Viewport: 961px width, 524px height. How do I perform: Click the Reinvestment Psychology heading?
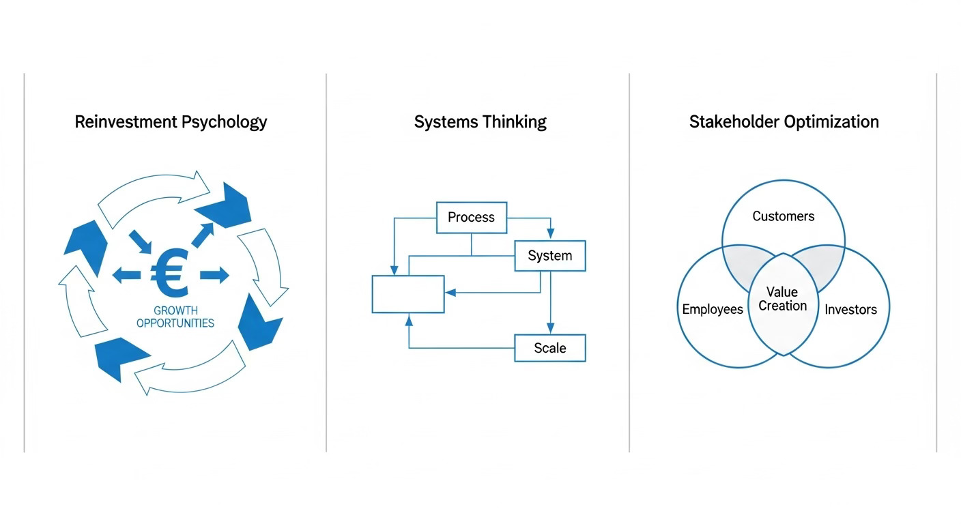tap(171, 122)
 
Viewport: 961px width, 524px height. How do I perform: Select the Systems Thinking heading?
tap(480, 122)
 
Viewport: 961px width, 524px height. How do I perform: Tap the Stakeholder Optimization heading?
tap(784, 122)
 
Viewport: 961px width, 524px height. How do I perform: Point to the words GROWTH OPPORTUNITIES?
tap(175, 317)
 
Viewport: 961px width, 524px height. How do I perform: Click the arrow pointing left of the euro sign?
tap(126, 275)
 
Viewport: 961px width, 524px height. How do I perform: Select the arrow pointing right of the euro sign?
tap(215, 275)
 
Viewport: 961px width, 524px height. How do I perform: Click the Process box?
tap(471, 218)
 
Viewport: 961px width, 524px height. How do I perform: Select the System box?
tap(549, 256)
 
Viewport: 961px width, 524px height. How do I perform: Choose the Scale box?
tap(549, 348)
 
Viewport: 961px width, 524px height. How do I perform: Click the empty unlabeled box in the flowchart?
tap(407, 294)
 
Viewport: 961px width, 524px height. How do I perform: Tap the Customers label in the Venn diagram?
tap(783, 216)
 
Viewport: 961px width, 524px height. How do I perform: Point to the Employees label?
tap(712, 309)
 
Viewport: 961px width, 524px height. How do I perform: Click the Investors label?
tap(850, 310)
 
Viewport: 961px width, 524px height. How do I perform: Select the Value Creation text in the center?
tap(782, 299)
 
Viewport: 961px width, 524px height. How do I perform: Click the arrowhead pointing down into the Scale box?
tap(549, 328)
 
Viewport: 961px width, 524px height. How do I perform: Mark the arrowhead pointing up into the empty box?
tap(409, 319)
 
